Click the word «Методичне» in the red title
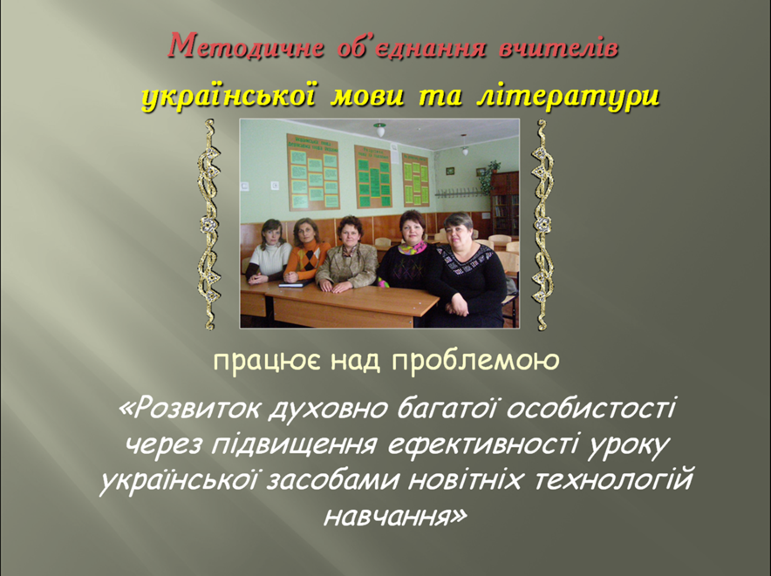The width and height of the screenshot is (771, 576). click(245, 47)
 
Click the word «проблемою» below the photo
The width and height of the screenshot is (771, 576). click(476, 360)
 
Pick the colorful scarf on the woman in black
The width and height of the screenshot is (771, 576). click(412, 247)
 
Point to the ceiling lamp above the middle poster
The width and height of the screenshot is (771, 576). click(379, 130)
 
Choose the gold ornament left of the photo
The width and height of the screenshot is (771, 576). click(209, 224)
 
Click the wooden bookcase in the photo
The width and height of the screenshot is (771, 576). click(505, 202)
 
